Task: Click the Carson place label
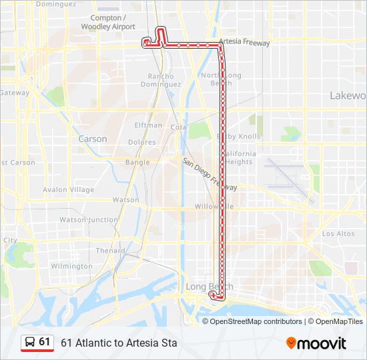coord(92,139)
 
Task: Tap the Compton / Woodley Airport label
coord(107,22)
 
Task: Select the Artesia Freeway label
coord(244,42)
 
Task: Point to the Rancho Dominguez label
coord(161,81)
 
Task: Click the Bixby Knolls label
coord(238,136)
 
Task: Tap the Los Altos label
coord(338,233)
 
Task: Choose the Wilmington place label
coord(72,266)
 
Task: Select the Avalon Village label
coord(69,189)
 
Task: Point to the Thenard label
coord(110,251)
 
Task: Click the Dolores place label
coord(141,142)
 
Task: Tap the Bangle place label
coord(137,162)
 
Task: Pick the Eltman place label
coord(148,125)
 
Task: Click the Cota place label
coord(178,127)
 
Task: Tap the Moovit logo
coord(316,343)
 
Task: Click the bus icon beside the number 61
coord(30,342)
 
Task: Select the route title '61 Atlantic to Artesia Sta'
coord(119,343)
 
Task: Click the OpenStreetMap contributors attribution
coord(254,321)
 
